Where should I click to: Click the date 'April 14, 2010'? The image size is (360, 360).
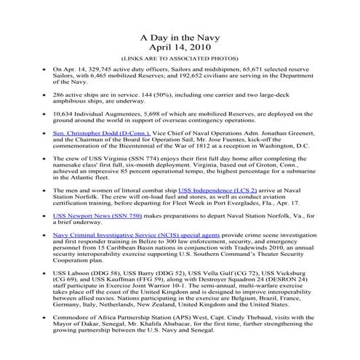(x=179, y=49)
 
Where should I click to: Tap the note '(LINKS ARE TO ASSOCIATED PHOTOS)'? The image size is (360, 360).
(x=179, y=60)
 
